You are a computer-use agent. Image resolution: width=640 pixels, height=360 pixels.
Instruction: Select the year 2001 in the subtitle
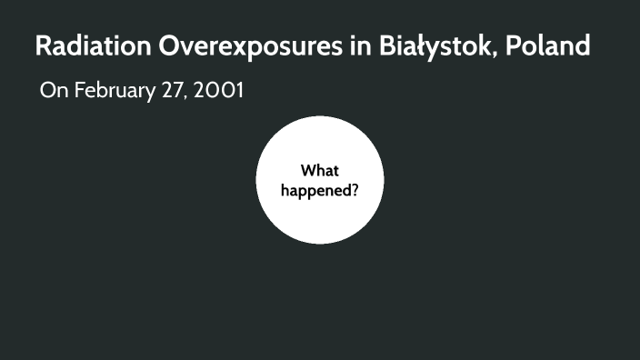click(219, 91)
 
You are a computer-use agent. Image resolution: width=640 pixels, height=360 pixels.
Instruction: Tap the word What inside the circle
click(320, 170)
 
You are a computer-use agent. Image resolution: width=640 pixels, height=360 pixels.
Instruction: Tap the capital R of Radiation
click(43, 45)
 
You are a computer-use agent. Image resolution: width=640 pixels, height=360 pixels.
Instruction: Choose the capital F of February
click(80, 91)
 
